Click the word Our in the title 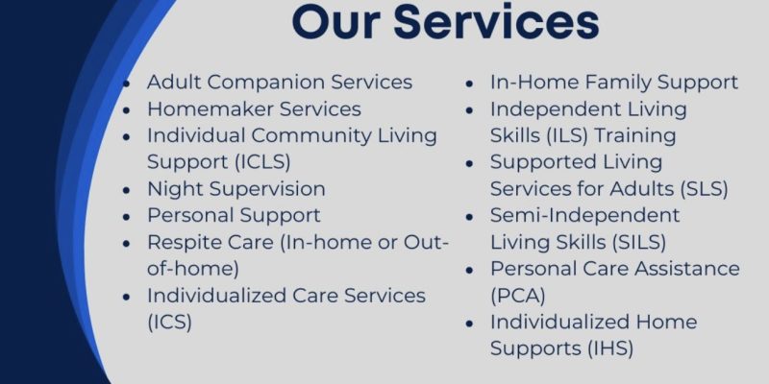[337, 22]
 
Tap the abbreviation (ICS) [169, 322]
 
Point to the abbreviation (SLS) [699, 189]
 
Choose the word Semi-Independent [585, 215]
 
